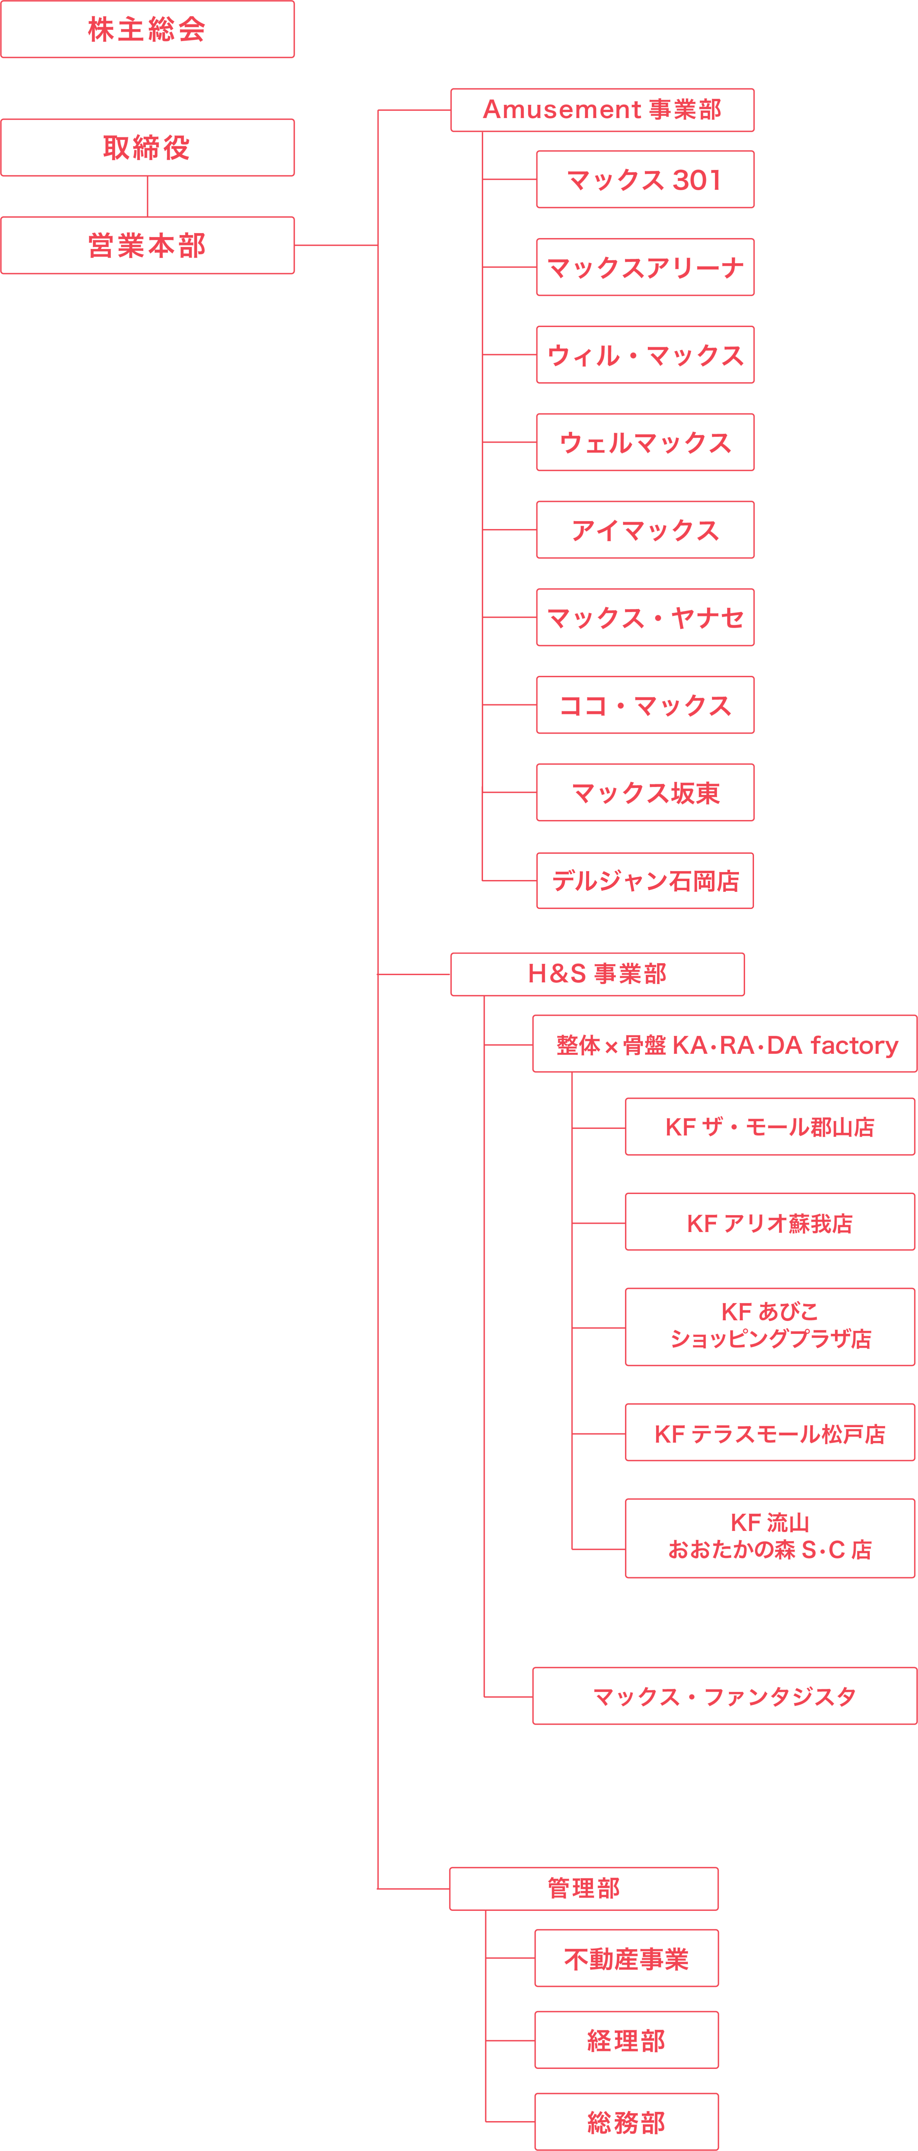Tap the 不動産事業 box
tap(627, 1958)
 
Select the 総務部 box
tap(627, 2122)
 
